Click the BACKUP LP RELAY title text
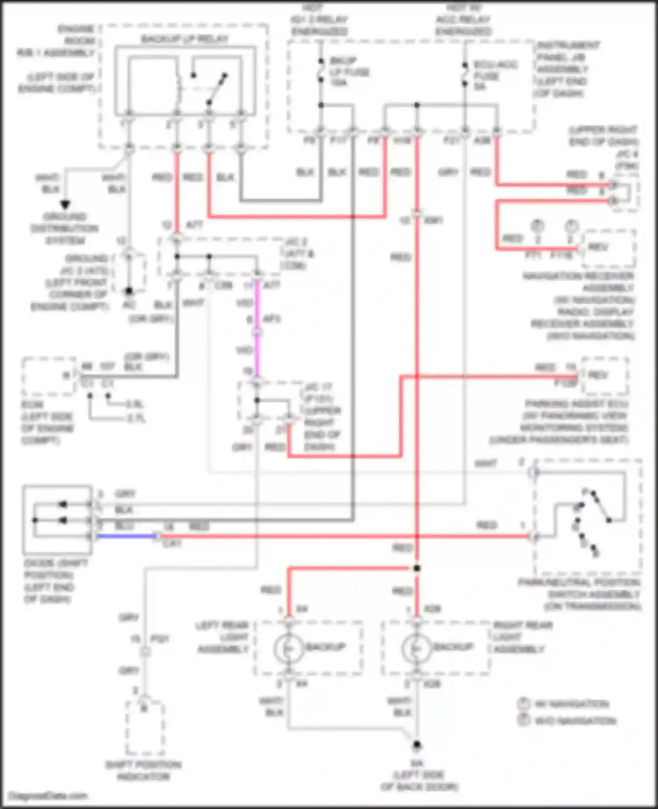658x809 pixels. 184,39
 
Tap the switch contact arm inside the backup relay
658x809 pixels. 217,90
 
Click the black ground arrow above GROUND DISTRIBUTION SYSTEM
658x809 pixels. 65,205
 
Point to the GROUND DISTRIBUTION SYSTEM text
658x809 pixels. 64,228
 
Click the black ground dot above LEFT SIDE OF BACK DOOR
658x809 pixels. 417,745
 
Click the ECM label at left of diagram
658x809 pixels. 32,404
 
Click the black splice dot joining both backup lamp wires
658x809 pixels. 417,568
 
